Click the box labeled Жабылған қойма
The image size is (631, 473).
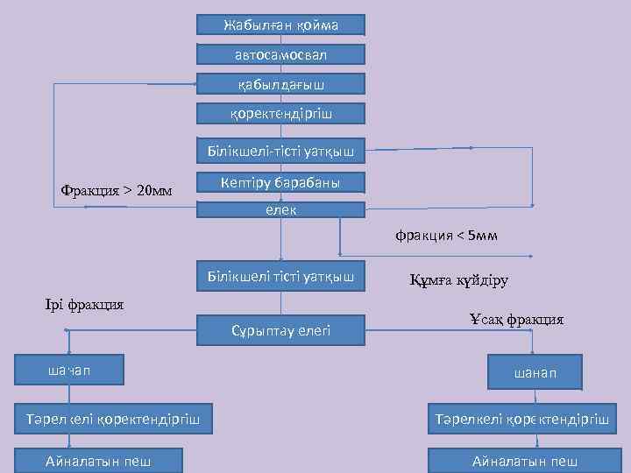click(x=280, y=25)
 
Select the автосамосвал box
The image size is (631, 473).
click(x=280, y=54)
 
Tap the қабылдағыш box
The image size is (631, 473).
click(x=280, y=84)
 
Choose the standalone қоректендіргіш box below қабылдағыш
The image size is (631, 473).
click(x=280, y=113)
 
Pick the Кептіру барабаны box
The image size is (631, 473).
click(x=280, y=182)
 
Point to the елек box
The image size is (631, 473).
click(x=280, y=210)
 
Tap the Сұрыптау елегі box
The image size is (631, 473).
click(x=280, y=329)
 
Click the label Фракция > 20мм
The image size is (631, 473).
click(x=117, y=190)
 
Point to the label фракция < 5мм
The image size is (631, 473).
click(x=446, y=236)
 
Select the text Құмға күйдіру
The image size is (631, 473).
click(x=458, y=281)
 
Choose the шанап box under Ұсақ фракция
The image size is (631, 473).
click(x=535, y=374)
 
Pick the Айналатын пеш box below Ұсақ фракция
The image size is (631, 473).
click(x=524, y=461)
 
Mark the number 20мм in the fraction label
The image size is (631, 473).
click(x=155, y=190)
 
